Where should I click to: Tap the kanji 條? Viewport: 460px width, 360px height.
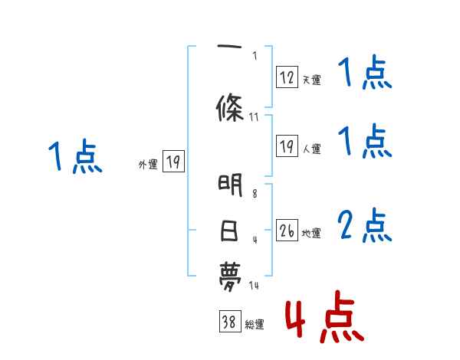click(230, 106)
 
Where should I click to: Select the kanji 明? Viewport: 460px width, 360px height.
click(230, 185)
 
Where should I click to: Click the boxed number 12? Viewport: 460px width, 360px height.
click(287, 77)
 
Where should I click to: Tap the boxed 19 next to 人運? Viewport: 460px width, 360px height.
click(287, 146)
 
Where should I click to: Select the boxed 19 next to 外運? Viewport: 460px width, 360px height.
click(173, 162)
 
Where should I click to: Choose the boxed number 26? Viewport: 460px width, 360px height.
click(287, 231)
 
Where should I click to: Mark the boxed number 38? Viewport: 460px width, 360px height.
click(228, 322)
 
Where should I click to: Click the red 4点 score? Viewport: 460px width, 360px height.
click(323, 316)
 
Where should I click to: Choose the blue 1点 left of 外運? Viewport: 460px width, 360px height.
click(74, 157)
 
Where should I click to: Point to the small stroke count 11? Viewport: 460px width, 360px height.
click(255, 117)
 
